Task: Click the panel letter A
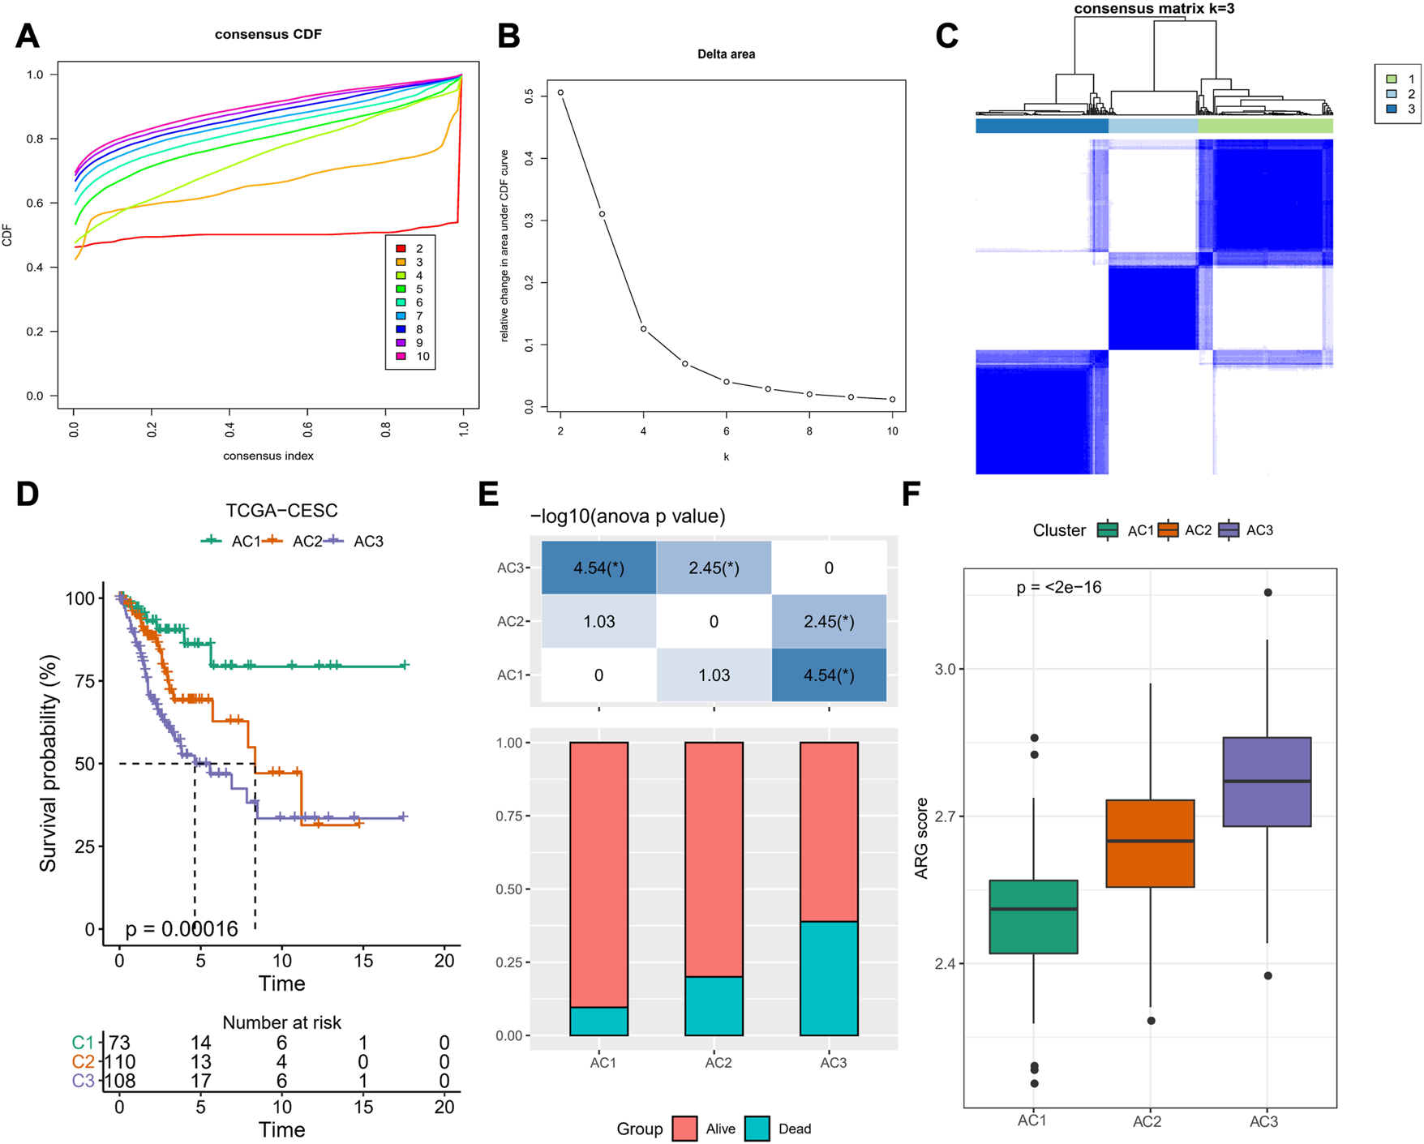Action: (28, 36)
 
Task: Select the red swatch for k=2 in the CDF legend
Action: (401, 248)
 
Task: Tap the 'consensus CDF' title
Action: (268, 34)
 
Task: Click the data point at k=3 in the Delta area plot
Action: (602, 214)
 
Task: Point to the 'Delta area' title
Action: (726, 54)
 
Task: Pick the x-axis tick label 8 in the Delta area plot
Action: (809, 431)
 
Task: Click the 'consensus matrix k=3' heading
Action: (1154, 9)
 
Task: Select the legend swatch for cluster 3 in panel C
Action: (1392, 109)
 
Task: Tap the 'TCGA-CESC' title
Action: (281, 511)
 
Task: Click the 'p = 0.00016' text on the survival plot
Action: (182, 929)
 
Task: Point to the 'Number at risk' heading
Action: (281, 1022)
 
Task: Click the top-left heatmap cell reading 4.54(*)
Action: (598, 568)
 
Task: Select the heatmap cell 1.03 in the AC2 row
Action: (598, 622)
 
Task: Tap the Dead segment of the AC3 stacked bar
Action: (829, 978)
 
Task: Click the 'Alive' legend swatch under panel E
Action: (685, 1129)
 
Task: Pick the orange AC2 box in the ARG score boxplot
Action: (1150, 843)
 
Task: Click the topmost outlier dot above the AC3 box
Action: (1267, 593)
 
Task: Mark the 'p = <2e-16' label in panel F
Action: (1058, 587)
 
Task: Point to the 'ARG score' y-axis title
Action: (921, 838)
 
